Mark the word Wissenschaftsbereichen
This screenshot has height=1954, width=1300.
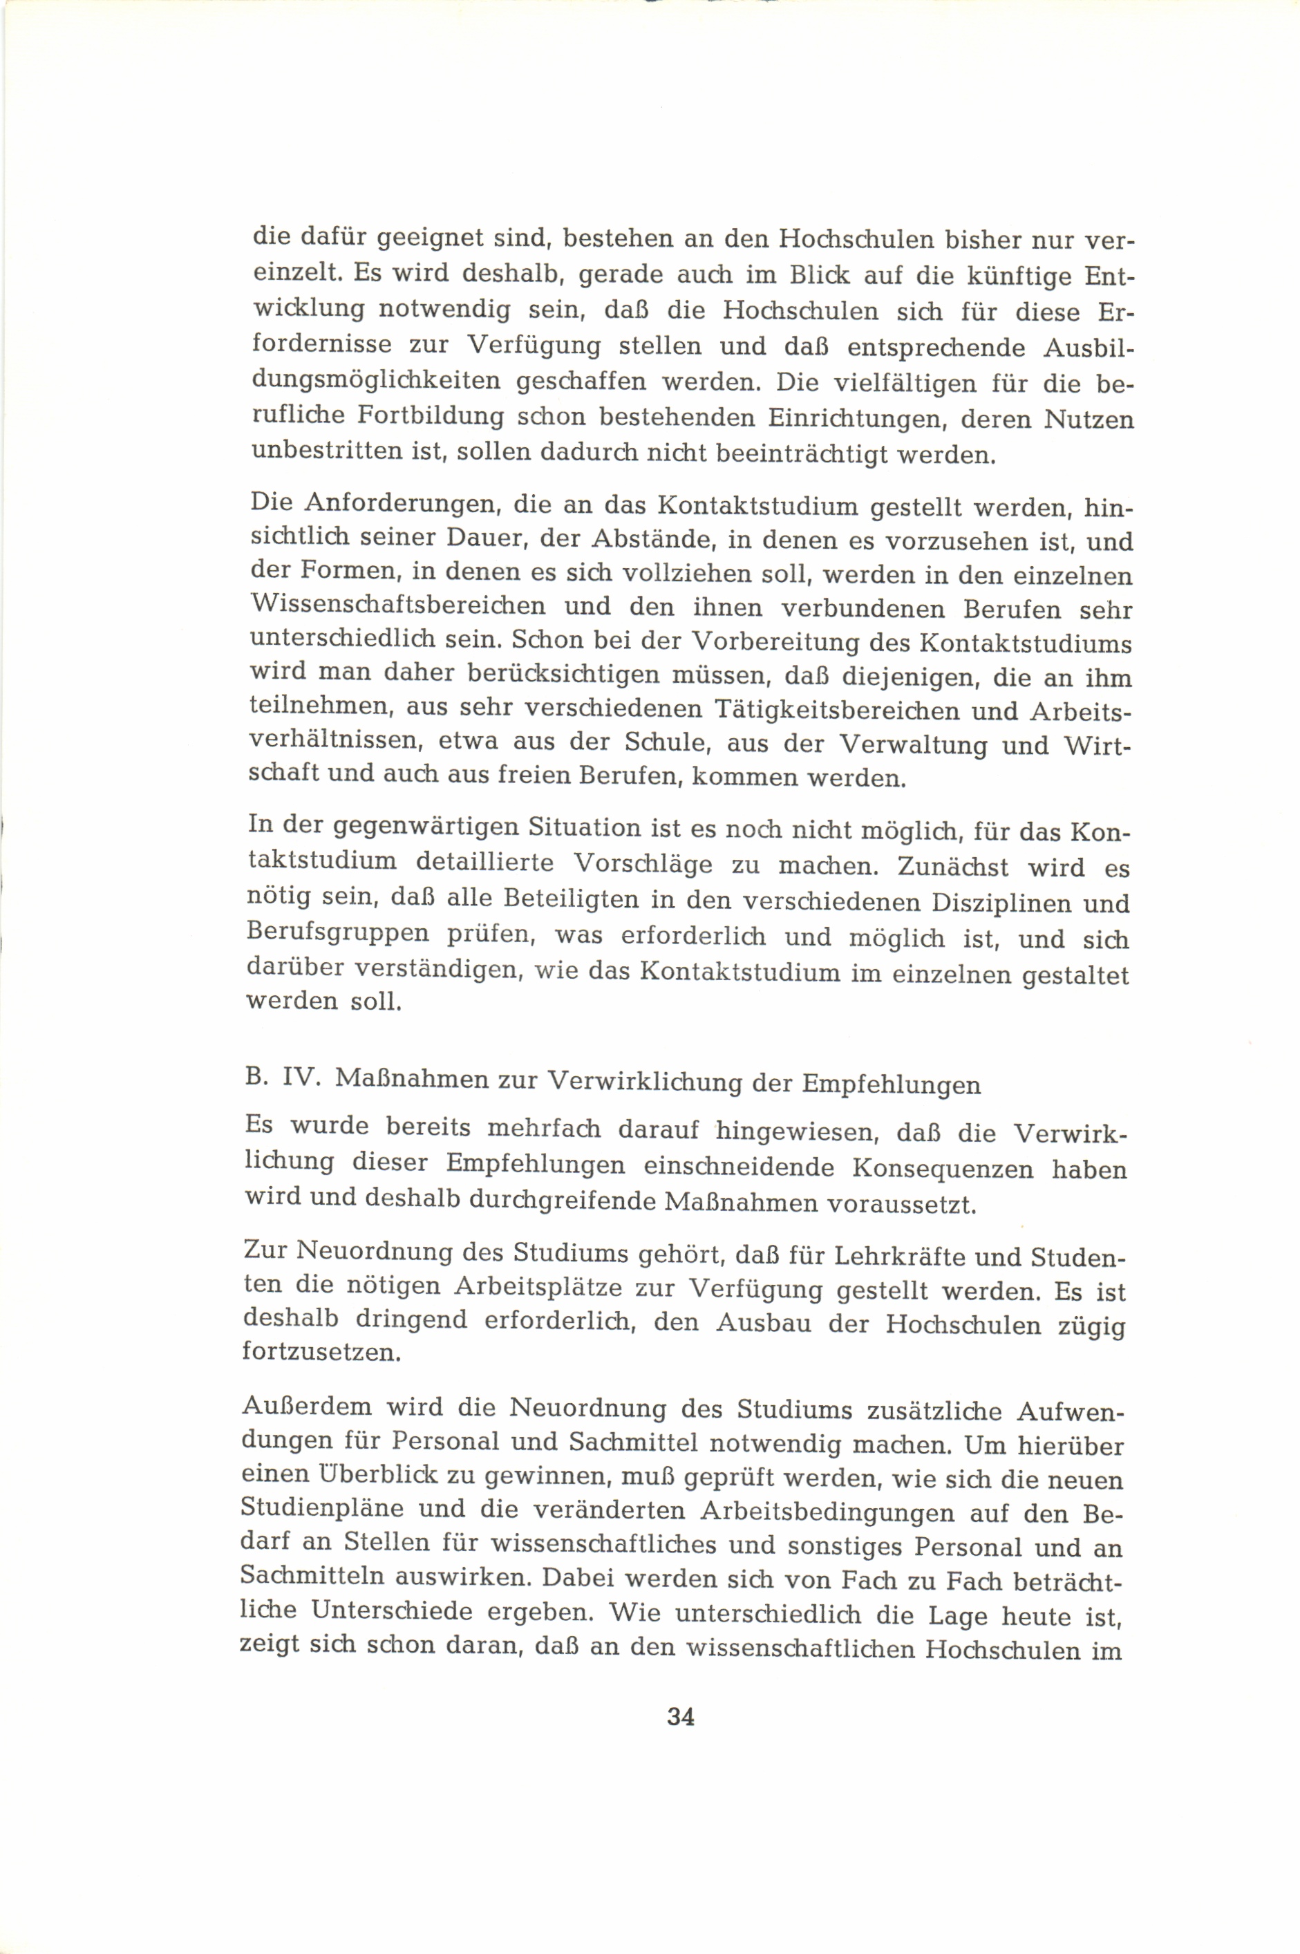398,606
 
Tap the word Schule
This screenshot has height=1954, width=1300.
668,743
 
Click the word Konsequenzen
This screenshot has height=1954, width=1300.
941,1168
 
